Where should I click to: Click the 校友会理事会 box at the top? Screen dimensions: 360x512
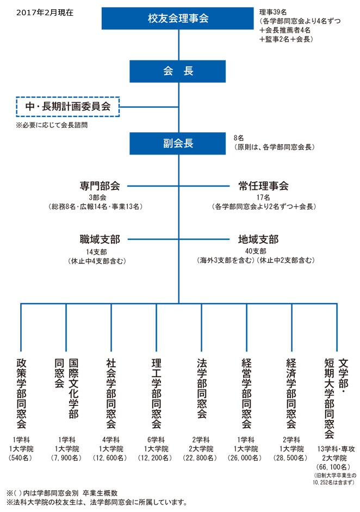177,18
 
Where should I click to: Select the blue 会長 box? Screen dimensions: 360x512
177,71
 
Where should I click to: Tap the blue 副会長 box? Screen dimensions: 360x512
177,143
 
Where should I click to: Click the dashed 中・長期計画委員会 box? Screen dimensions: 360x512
68,107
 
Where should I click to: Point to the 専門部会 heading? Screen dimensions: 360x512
100,186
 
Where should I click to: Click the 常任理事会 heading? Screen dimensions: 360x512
263,186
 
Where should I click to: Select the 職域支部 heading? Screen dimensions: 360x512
100,239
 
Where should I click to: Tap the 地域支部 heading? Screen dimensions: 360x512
258,239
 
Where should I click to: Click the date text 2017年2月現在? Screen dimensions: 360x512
45,13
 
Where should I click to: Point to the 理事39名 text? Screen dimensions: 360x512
273,12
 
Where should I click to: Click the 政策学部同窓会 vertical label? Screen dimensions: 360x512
22,393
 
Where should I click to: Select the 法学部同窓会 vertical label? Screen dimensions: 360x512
202,388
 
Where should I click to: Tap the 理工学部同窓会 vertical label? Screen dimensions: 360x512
156,393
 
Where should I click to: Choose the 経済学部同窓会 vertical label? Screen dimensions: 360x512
291,393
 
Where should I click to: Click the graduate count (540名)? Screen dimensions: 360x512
21,458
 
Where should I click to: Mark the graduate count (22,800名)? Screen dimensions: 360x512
200,458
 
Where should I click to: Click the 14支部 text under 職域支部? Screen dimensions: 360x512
97,252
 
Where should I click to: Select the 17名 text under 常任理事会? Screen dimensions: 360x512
263,198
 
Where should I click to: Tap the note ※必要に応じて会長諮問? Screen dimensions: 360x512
52,125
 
